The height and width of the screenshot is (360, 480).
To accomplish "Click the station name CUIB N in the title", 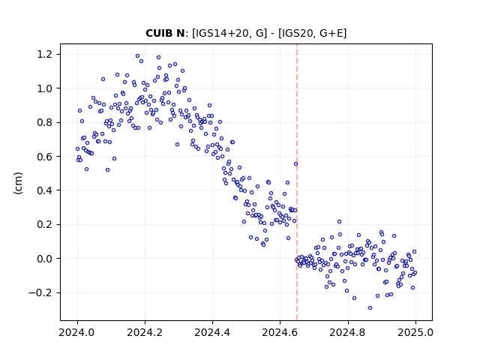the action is tap(165, 33).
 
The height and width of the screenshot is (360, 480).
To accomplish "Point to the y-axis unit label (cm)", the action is tap(18, 183).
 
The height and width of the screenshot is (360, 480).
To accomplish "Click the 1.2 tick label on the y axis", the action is tap(44, 54).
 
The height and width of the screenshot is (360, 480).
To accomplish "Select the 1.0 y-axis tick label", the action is tap(44, 88).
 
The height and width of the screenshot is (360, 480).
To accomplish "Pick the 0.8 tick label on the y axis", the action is tap(44, 122).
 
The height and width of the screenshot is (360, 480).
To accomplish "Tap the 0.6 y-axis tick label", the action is tap(44, 157).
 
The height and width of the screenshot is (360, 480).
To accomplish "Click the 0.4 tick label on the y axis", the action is tap(44, 190).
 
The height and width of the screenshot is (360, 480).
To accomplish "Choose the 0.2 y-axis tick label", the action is tap(44, 224).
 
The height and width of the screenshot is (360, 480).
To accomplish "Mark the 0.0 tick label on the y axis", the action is tap(44, 259).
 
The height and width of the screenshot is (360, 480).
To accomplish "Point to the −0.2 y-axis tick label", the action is tap(40, 292).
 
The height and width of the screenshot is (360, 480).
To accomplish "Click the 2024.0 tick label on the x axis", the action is tap(77, 332).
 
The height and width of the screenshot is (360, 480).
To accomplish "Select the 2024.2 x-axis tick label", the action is tap(145, 332).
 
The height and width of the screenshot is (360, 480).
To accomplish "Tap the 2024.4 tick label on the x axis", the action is tap(212, 332).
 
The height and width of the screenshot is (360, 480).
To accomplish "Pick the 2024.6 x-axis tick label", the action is tap(280, 332).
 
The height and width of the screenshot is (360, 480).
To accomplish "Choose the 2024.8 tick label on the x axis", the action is tap(347, 332).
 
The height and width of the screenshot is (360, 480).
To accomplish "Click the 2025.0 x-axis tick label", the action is tap(415, 332).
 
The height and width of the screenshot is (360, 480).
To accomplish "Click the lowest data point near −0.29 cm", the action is tap(370, 308).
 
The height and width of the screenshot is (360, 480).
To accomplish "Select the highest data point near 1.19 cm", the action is tap(137, 56).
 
